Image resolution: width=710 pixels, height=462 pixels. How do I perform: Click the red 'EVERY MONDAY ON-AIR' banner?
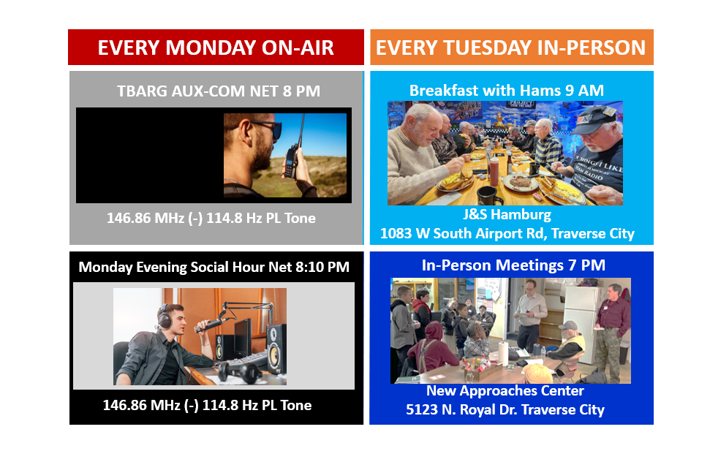tap(216, 48)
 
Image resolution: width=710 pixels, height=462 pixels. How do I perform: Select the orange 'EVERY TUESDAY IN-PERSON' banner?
tap(512, 48)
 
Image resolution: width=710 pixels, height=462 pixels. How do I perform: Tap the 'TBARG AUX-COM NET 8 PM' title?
tap(219, 91)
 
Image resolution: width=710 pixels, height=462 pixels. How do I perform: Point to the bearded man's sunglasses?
tap(266, 128)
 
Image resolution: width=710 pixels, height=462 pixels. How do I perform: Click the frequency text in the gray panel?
tap(211, 218)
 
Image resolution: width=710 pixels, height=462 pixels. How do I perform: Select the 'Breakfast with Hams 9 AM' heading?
tap(507, 91)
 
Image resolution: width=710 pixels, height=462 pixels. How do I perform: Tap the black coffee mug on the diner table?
tap(488, 195)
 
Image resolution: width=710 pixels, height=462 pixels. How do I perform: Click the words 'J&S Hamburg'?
tap(507, 214)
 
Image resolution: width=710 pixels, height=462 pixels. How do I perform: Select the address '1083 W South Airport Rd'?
tap(464, 233)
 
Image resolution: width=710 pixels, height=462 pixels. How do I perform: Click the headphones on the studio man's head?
tap(165, 317)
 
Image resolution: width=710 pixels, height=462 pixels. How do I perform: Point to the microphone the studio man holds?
tap(210, 324)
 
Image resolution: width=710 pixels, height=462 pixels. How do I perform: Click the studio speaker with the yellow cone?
tap(276, 349)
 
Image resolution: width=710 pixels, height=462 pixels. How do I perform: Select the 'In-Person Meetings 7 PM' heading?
tap(513, 265)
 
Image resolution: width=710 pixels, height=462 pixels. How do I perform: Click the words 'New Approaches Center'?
tap(505, 390)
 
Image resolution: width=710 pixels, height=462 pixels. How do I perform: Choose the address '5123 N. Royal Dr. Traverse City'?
tap(505, 409)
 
